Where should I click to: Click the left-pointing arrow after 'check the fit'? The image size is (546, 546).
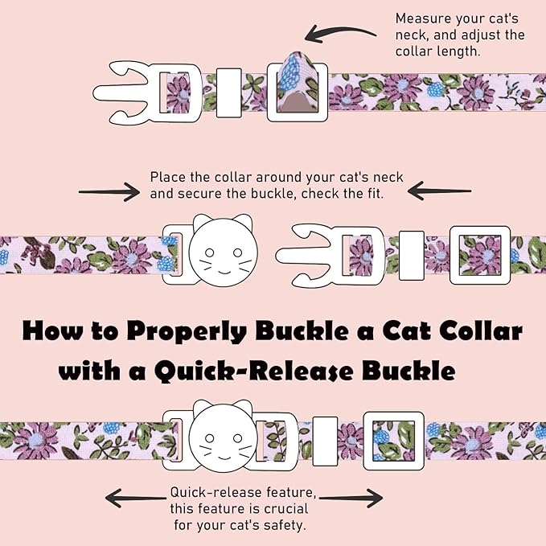click(439, 191)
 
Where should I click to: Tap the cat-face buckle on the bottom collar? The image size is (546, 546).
click(221, 433)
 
